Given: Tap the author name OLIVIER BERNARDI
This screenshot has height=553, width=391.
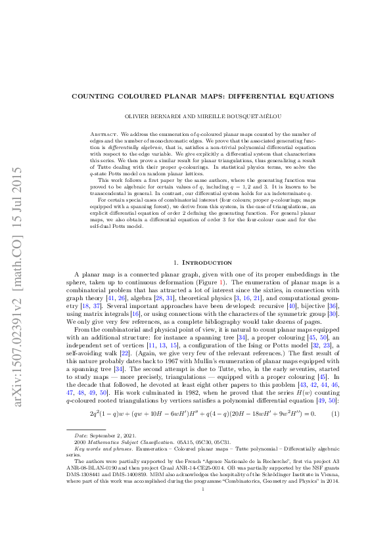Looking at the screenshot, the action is pyautogui.click(x=152, y=116).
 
